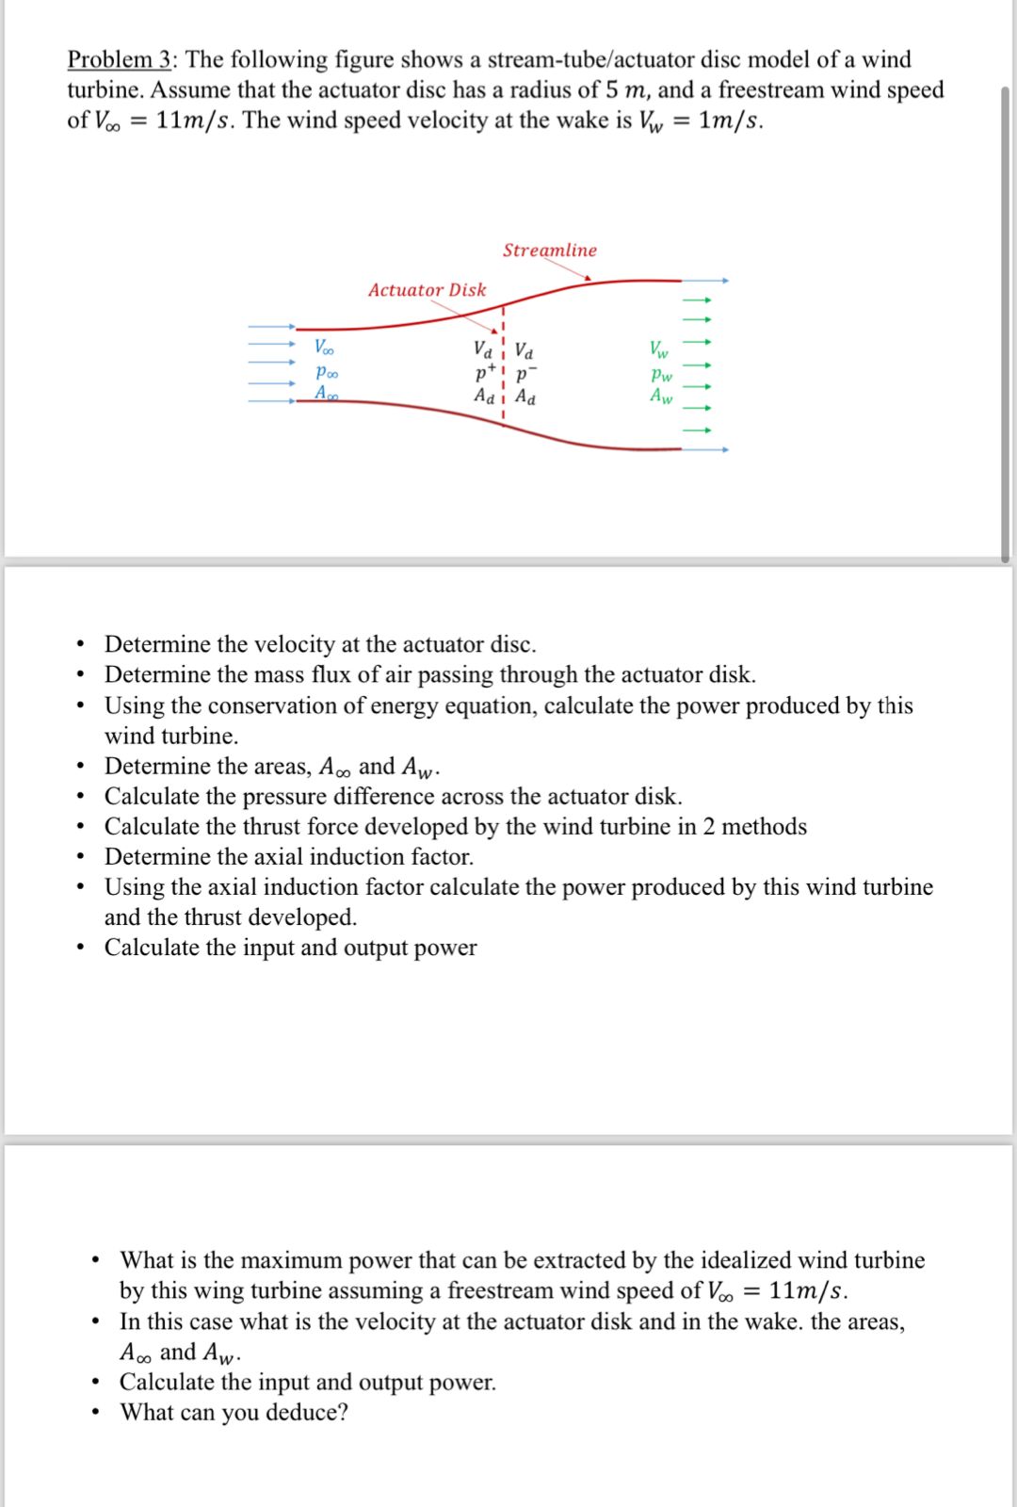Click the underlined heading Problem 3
pyautogui.click(x=119, y=59)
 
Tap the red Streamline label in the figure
pyautogui.click(x=549, y=250)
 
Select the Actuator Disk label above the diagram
pyautogui.click(x=427, y=290)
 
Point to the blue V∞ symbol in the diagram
pyautogui.click(x=324, y=347)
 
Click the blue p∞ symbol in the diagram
pyautogui.click(x=326, y=372)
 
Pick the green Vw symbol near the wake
pyautogui.click(x=659, y=349)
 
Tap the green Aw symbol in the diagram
pyautogui.click(x=661, y=396)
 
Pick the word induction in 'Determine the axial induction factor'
pyautogui.click(x=344, y=856)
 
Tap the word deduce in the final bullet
pyautogui.click(x=303, y=1413)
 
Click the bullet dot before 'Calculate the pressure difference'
pyautogui.click(x=82, y=797)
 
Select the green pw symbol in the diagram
pyautogui.click(x=661, y=373)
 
